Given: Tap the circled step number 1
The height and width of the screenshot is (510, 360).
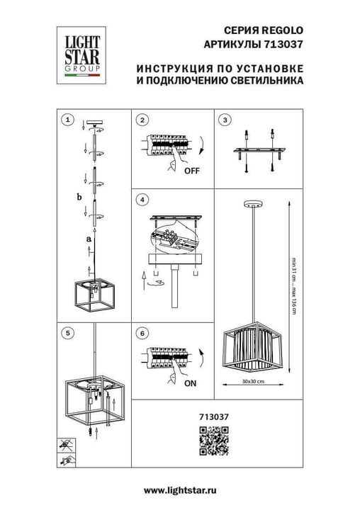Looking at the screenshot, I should pos(67,120).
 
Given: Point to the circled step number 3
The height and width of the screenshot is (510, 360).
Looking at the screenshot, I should pos(225,120).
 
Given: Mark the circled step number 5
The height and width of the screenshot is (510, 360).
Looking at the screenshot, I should pos(67,331).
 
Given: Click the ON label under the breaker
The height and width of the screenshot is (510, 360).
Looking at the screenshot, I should pos(190,383).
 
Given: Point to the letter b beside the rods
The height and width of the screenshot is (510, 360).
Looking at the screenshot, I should pos(79,196).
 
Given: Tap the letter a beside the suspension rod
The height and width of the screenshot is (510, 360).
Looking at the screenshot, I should pos(88,240).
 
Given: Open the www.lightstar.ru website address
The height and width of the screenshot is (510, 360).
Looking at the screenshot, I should pos(180,490).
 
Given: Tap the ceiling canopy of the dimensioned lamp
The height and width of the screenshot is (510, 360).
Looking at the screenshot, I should pos(252,203).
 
